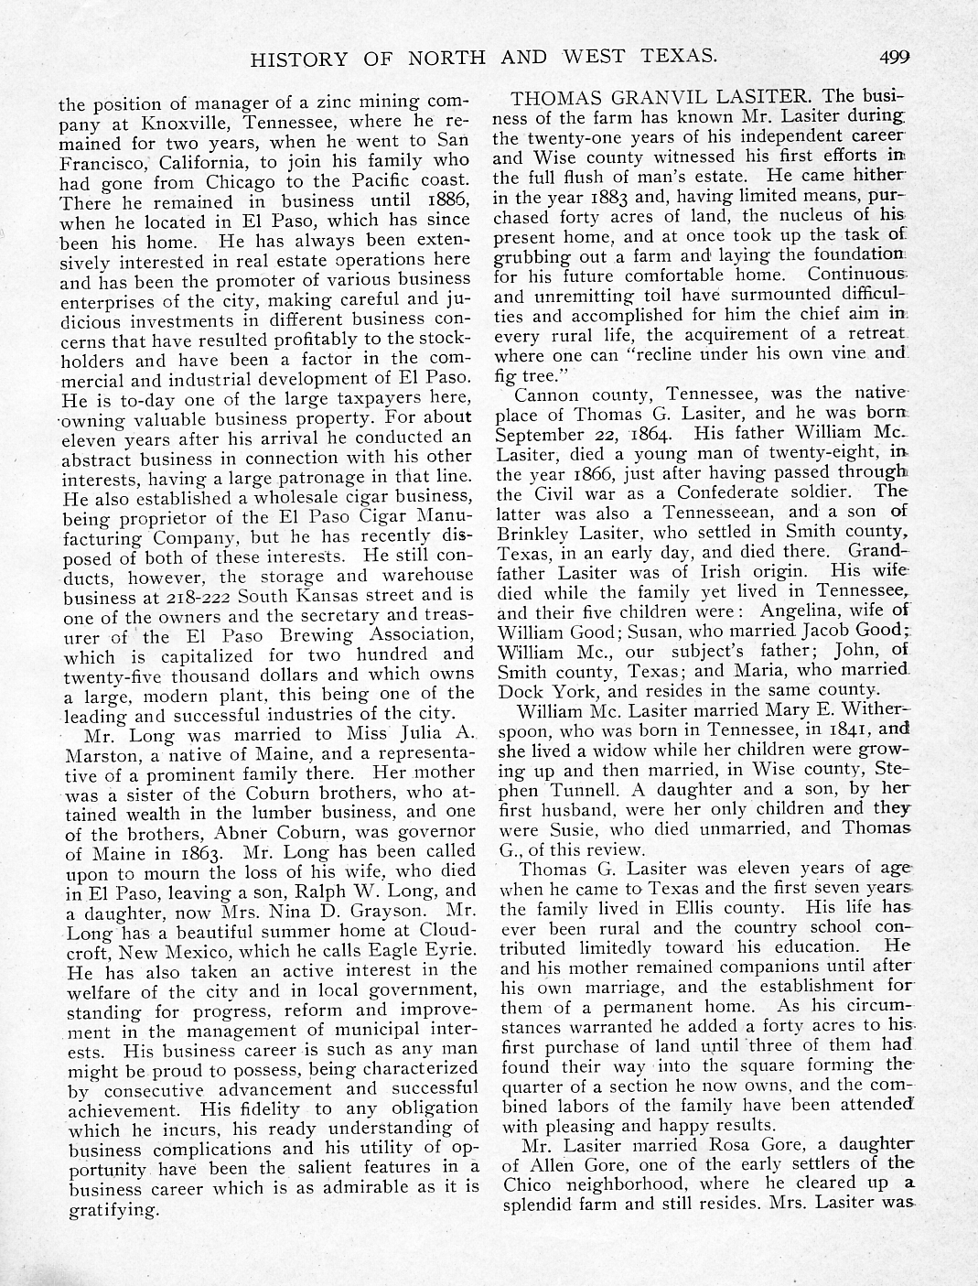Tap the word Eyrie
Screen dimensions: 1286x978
[447, 950]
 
